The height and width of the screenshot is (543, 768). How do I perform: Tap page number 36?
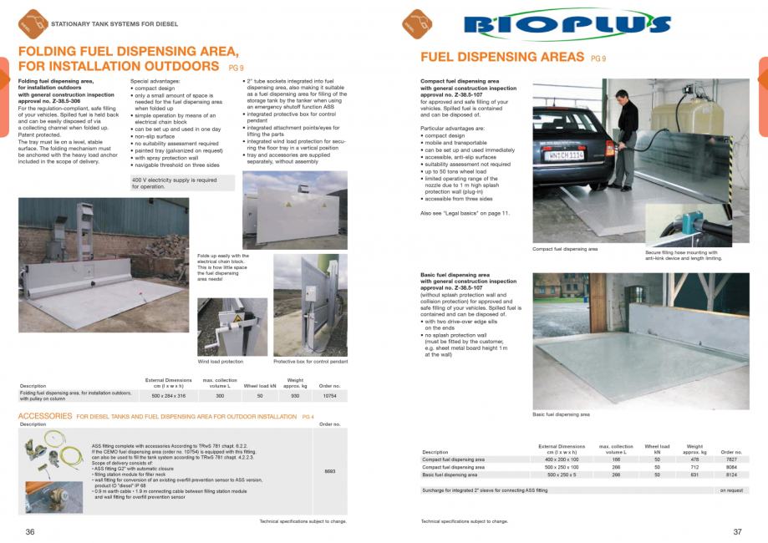coord(30,531)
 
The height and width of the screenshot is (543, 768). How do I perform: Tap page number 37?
coord(738,531)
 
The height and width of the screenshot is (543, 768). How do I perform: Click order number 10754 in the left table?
coord(330,395)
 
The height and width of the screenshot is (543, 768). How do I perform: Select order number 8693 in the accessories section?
coord(330,472)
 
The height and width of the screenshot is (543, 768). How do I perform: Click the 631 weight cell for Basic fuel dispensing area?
coord(694,474)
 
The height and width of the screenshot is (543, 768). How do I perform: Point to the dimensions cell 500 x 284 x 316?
coord(167,395)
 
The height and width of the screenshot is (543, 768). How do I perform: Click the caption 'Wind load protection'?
coord(221,362)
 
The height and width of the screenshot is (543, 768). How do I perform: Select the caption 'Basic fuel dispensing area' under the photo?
coord(561,414)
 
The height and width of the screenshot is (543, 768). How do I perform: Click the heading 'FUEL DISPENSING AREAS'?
coord(501,58)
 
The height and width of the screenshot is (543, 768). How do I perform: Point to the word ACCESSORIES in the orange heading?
coord(45,416)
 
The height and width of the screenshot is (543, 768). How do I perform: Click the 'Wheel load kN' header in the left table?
coord(260,386)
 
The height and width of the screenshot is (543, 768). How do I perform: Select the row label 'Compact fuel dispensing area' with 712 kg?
coord(453,467)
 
